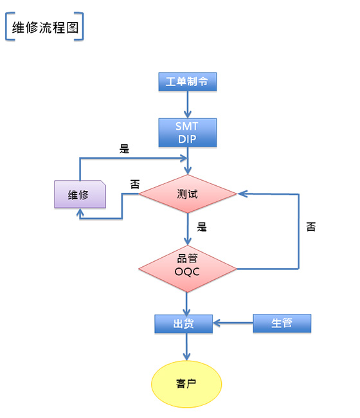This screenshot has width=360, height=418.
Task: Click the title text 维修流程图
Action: coord(45,28)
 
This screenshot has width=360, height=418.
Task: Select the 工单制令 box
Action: coord(187,82)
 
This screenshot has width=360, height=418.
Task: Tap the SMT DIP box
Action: coord(187,132)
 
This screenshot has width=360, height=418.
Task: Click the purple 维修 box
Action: coord(80,194)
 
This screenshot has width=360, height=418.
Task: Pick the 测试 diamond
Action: coord(187,194)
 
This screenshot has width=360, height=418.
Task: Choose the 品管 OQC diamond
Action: coord(187,268)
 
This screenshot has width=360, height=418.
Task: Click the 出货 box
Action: coord(184,323)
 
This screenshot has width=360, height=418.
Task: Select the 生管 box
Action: coord(282,323)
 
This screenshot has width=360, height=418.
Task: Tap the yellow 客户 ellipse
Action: coord(186,384)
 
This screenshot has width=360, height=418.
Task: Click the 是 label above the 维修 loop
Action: coord(125,149)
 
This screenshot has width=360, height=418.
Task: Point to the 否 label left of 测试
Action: coord(135,184)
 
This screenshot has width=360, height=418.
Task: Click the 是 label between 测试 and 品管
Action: coord(202,227)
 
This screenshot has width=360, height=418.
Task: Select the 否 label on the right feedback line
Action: coord(311,226)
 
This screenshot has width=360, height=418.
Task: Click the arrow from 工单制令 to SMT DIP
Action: coord(188,104)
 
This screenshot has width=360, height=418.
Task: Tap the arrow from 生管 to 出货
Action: coord(233,323)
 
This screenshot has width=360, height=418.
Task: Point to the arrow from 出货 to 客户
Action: coord(186,347)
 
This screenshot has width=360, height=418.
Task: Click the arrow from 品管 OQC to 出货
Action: coord(186,304)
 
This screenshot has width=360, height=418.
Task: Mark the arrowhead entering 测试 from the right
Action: coord(242,194)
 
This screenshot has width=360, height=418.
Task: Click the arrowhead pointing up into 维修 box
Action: coord(80,212)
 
